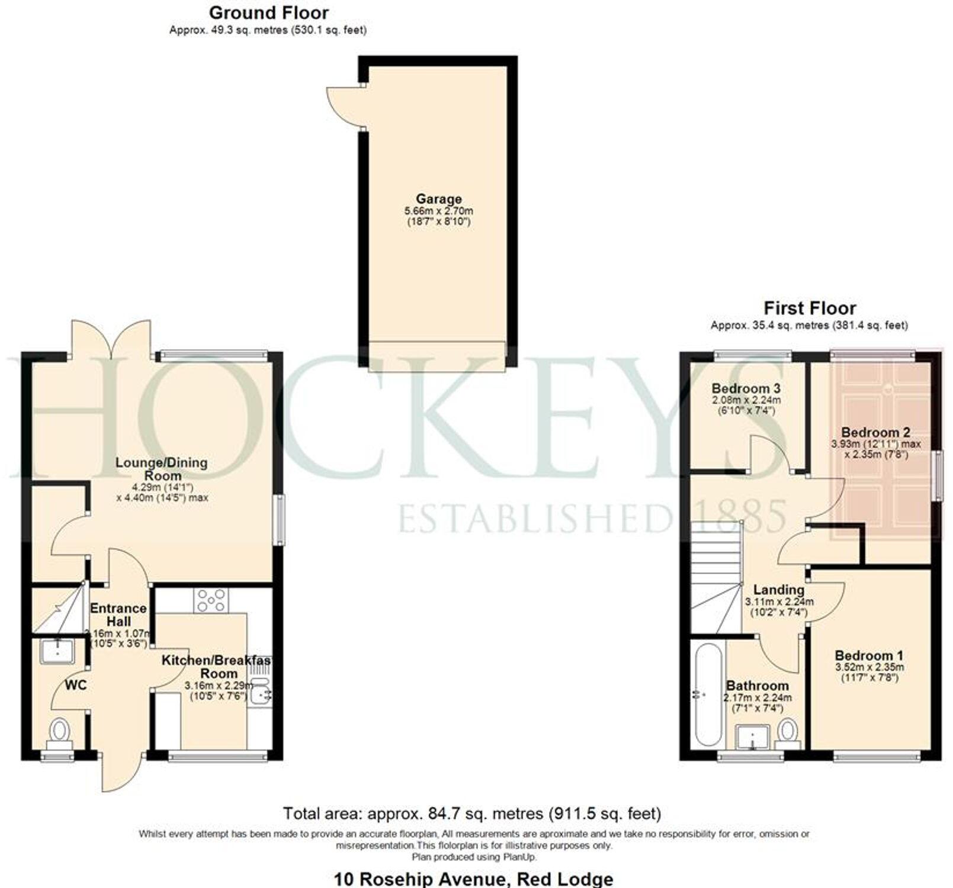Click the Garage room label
pyautogui.click(x=438, y=199)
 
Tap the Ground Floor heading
pyautogui.click(x=269, y=12)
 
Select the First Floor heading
pyautogui.click(x=809, y=308)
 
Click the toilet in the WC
pyautogui.click(x=59, y=732)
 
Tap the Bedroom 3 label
pyautogui.click(x=746, y=389)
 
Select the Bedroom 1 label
pyautogui.click(x=868, y=655)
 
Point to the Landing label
pyautogui.click(x=778, y=590)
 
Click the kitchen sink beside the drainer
pyautogui.click(x=261, y=693)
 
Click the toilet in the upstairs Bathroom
pyautogui.click(x=788, y=731)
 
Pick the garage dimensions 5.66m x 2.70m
pyautogui.click(x=438, y=211)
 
